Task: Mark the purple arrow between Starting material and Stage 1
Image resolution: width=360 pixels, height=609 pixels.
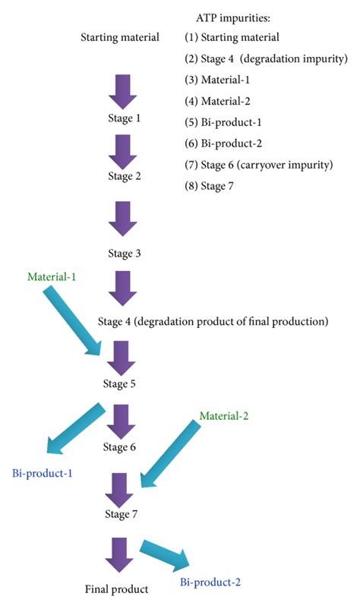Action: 123,90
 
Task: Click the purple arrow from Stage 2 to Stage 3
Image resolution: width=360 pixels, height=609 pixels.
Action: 123,219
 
